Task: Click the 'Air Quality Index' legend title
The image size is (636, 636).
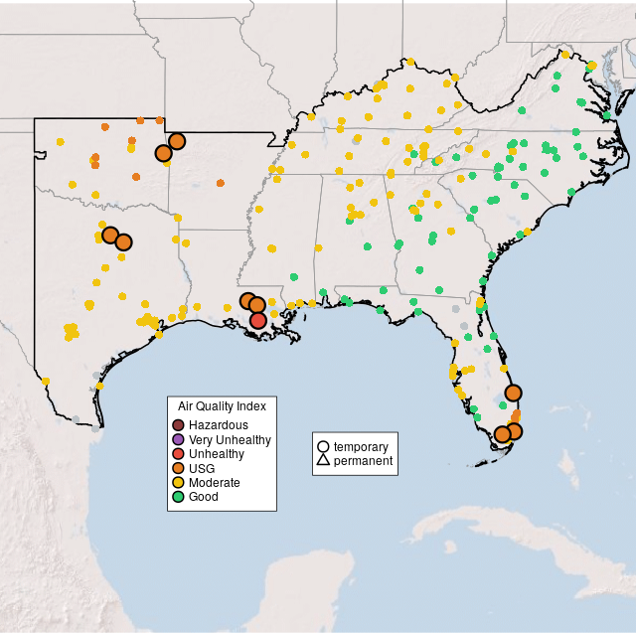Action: tap(222, 406)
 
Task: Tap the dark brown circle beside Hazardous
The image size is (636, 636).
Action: tap(179, 425)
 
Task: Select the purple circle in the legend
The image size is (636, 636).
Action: tap(179, 439)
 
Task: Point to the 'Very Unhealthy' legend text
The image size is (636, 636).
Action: tap(230, 439)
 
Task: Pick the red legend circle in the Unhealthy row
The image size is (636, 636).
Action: tap(179, 454)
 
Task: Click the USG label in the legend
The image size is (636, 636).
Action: tap(202, 468)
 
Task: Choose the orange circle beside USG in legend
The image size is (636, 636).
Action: tap(179, 468)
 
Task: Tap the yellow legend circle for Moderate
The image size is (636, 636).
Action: tap(179, 482)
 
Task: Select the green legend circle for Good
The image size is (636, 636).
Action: tap(179, 496)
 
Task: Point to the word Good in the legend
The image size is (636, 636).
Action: tap(203, 496)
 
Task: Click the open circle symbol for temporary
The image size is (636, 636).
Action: tap(323, 447)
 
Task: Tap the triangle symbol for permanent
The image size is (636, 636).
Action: tap(323, 461)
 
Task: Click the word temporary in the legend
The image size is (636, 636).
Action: tap(361, 447)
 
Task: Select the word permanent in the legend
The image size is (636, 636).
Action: tap(363, 461)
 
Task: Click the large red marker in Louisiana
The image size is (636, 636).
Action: tap(258, 320)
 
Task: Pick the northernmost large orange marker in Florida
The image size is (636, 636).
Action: tap(513, 393)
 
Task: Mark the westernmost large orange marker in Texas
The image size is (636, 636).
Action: tap(110, 235)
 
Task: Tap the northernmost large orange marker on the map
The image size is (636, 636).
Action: tap(177, 141)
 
